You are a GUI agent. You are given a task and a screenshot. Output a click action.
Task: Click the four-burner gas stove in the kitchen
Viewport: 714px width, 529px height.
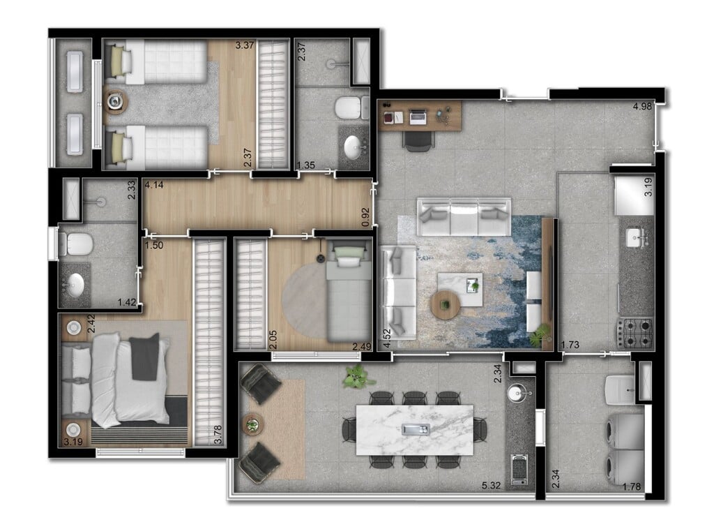click(635, 332)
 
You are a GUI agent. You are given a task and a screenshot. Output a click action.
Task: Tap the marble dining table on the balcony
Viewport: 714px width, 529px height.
click(414, 429)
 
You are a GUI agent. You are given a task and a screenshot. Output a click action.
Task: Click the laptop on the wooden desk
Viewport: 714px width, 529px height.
click(418, 117)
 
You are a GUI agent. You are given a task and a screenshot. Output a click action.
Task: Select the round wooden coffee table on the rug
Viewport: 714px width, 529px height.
click(445, 304)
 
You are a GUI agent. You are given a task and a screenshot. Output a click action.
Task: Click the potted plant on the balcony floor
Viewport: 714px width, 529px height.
click(357, 377)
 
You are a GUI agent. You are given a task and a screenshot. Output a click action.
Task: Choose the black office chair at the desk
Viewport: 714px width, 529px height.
click(418, 140)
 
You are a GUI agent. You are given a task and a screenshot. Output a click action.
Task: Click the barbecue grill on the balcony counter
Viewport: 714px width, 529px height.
click(518, 469)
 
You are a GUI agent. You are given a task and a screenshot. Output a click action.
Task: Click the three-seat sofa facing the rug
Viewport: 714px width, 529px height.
click(464, 217)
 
